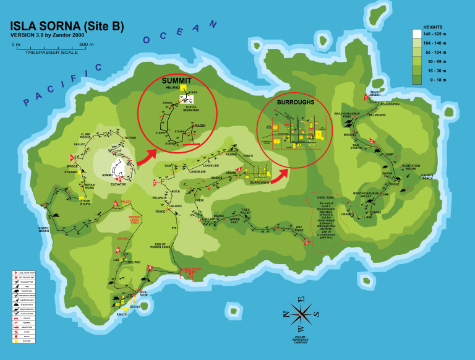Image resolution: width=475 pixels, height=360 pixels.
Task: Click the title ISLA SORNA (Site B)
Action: point(67,26)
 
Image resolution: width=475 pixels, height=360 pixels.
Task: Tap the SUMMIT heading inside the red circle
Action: point(176,81)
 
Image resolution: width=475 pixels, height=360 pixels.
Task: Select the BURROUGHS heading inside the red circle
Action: point(296,102)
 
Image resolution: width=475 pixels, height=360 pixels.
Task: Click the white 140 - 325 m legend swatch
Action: point(416,35)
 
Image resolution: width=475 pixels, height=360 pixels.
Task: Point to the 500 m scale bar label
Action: point(87,45)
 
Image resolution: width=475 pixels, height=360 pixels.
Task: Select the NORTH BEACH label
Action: point(43,230)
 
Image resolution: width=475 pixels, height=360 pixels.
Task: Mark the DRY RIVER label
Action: point(299,229)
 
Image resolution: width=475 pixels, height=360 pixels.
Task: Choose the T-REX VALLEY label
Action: point(246,212)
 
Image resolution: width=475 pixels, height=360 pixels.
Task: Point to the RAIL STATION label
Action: point(357,147)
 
